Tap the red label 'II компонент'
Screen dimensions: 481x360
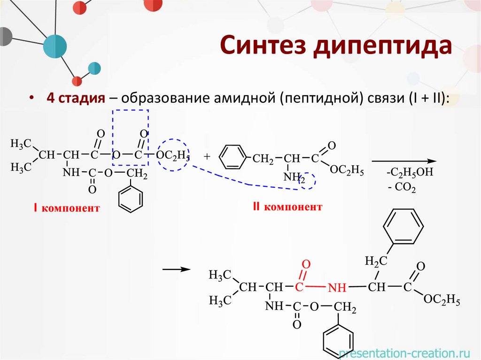click(287, 207)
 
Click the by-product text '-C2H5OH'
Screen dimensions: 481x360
click(409, 173)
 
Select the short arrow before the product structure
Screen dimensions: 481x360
click(176, 270)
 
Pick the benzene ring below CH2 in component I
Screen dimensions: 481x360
click(130, 199)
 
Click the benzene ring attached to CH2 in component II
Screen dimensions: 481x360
click(233, 158)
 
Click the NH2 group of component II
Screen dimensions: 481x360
click(295, 177)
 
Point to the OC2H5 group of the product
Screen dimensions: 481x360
click(441, 299)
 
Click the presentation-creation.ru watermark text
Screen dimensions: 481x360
click(403, 352)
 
